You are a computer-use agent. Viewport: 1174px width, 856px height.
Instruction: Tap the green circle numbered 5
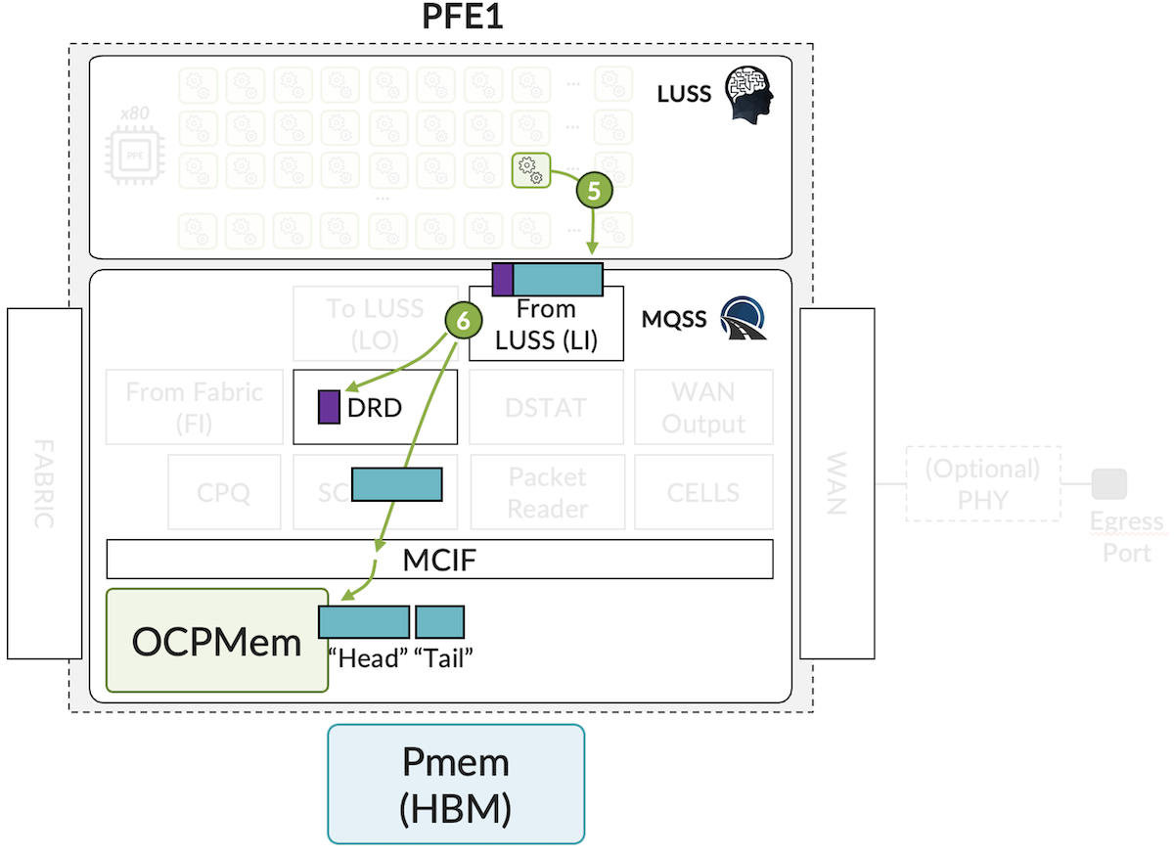[593, 189]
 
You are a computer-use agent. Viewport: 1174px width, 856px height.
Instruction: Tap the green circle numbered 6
[463, 319]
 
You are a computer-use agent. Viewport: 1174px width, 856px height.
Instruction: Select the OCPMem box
[216, 641]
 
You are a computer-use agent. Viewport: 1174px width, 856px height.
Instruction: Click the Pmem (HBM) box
[456, 784]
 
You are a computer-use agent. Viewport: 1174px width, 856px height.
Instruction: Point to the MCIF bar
[439, 560]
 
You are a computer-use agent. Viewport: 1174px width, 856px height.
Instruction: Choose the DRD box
[376, 407]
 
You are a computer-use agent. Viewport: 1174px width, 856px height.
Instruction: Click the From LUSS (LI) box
[546, 325]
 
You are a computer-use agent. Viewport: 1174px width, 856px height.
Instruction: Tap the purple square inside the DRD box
[329, 407]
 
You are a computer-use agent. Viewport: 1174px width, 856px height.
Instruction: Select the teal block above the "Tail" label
[439, 622]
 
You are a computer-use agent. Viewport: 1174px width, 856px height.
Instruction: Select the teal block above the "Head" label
[364, 622]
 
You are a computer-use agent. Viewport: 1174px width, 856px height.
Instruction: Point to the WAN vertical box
[836, 483]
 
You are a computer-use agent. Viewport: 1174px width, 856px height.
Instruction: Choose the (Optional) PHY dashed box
[983, 483]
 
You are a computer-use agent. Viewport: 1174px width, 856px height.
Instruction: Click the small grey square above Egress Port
[1109, 483]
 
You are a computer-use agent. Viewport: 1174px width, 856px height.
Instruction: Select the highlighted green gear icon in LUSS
[531, 169]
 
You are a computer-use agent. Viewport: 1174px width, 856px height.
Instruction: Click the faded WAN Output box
[703, 407]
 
